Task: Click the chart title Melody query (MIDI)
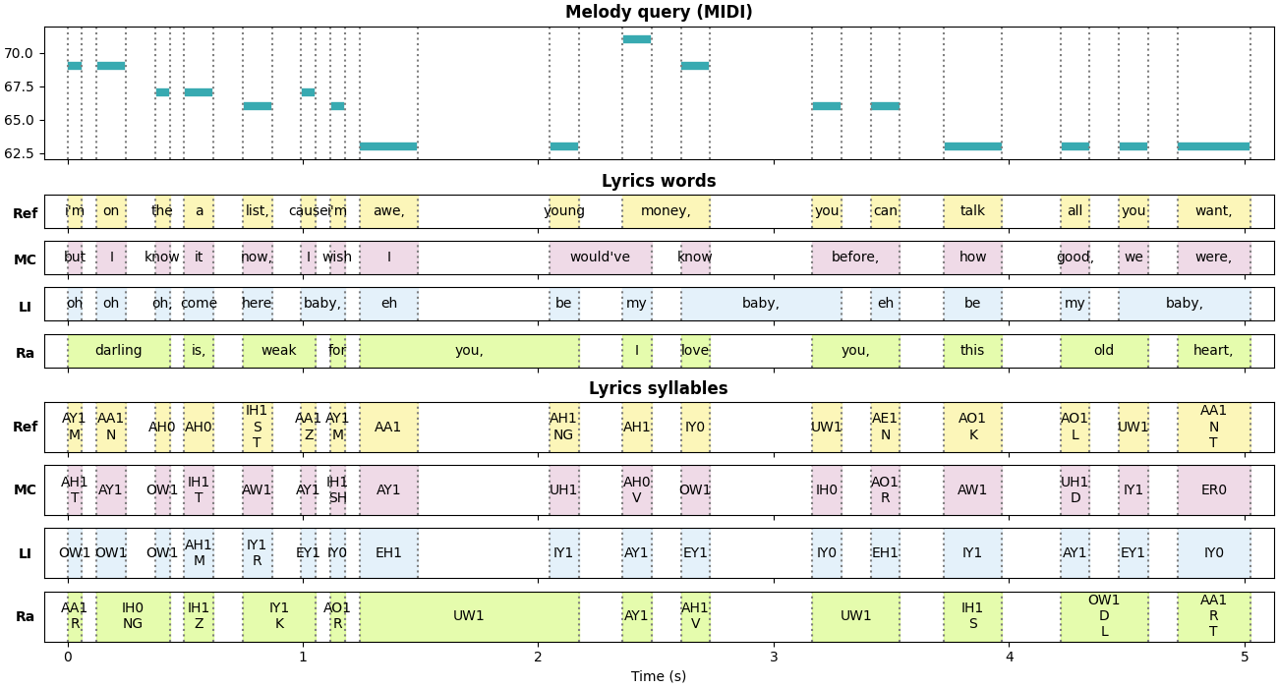(x=659, y=13)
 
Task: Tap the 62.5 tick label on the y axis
(x=19, y=153)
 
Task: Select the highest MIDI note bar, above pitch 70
(x=636, y=39)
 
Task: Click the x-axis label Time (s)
(x=659, y=676)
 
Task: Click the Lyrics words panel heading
(x=659, y=182)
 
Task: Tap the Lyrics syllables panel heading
(x=659, y=389)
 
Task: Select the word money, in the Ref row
(x=666, y=211)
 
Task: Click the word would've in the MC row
(x=600, y=258)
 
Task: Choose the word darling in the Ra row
(x=118, y=351)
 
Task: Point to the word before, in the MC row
(x=855, y=258)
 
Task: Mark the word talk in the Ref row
(x=972, y=211)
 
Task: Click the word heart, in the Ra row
(x=1213, y=351)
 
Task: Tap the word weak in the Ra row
(x=279, y=351)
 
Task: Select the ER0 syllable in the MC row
(x=1213, y=490)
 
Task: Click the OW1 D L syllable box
(x=1104, y=616)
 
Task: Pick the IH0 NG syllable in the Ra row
(x=133, y=616)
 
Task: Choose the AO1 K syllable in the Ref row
(x=972, y=428)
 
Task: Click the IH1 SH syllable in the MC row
(x=337, y=490)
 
